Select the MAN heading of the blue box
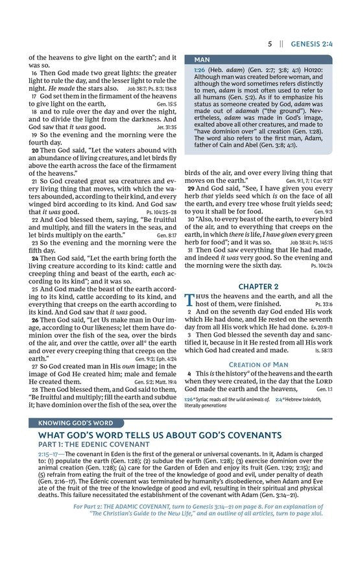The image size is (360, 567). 202,60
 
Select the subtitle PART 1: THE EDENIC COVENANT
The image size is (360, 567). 93,444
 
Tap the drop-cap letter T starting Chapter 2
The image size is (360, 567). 189,300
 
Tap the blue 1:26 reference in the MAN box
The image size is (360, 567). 200,69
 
